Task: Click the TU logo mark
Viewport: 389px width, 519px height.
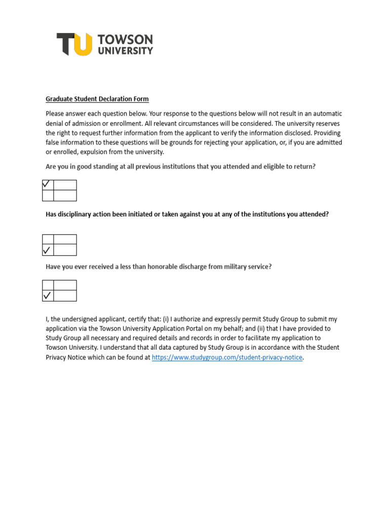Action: pos(74,44)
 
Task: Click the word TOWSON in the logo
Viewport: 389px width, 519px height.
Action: pos(125,40)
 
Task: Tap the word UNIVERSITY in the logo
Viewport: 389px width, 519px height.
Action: pos(125,51)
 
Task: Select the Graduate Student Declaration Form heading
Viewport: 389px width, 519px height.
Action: pos(97,99)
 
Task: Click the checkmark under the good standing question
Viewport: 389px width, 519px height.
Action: pos(48,184)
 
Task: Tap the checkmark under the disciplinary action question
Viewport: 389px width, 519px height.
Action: pos(48,250)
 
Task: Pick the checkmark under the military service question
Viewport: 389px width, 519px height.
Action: pos(48,295)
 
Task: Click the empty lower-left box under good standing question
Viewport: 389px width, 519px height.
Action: pos(48,196)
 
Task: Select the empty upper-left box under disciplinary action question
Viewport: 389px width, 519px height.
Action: pos(48,239)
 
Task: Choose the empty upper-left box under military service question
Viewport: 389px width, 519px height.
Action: pos(48,285)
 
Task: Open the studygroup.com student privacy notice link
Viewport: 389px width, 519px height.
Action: pos(227,357)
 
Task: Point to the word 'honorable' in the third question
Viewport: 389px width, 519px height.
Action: pos(167,267)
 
